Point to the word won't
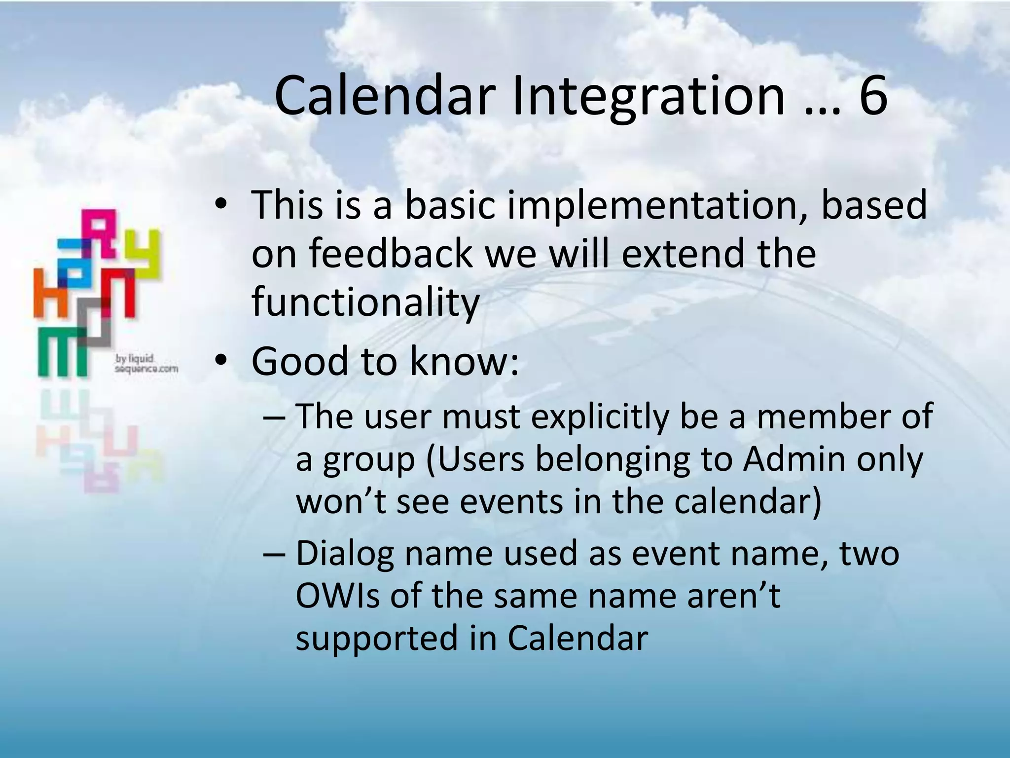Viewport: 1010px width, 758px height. [340, 502]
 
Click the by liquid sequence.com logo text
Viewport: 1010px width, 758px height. [145, 364]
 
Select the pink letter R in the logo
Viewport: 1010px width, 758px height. [102, 232]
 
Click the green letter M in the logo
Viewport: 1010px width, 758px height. [63, 353]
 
